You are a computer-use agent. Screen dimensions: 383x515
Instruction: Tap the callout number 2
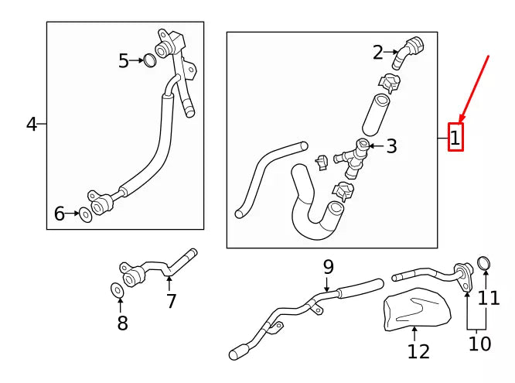point(377,53)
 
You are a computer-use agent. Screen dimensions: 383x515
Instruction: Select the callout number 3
point(391,145)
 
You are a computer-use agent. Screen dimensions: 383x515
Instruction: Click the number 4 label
point(32,124)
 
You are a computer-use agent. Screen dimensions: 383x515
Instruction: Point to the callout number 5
point(124,60)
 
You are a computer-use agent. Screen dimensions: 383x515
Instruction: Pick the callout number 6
point(60,214)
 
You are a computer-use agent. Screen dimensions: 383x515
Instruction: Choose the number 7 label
point(172,301)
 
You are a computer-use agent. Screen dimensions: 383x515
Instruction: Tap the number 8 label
point(122,323)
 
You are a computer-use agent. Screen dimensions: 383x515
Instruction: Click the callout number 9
point(329,267)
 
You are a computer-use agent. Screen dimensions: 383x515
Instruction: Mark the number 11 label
point(489,297)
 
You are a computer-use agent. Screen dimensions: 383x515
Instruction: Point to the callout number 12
point(418,351)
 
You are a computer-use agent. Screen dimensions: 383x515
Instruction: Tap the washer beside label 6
point(84,214)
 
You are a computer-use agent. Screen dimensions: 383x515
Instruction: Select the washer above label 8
point(116,290)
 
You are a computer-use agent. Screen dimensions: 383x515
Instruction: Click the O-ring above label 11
point(484,264)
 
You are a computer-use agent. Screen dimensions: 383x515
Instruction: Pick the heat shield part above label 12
point(418,309)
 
